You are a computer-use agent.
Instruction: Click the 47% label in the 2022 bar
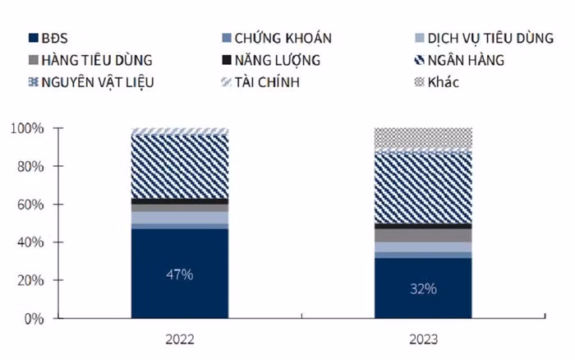pos(180,275)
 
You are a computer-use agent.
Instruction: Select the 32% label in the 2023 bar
pos(424,288)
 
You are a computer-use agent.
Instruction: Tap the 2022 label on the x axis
pos(180,339)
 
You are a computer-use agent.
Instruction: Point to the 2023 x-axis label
pos(422,339)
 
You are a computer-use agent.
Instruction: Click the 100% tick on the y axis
pos(26,129)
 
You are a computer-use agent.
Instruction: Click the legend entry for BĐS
pos(49,38)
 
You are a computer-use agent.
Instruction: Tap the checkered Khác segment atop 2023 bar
pos(423,138)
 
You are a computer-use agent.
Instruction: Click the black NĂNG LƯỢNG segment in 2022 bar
pos(180,201)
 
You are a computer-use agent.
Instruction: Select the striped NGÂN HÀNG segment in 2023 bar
pos(423,188)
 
